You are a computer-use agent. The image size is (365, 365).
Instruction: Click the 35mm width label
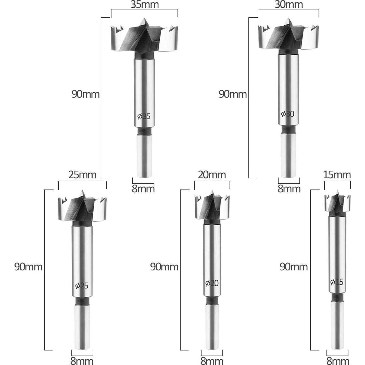pyautogui.click(x=145, y=5)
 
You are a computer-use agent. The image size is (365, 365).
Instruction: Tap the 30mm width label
pyautogui.click(x=288, y=5)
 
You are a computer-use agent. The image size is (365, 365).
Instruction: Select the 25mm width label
pyautogui.click(x=82, y=175)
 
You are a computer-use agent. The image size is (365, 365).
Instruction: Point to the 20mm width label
pyautogui.click(x=212, y=175)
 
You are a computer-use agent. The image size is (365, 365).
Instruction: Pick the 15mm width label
pyautogui.click(x=337, y=175)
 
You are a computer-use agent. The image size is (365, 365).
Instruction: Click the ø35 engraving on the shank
pyautogui.click(x=144, y=117)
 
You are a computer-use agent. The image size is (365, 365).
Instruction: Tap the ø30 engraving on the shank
pyautogui.click(x=287, y=114)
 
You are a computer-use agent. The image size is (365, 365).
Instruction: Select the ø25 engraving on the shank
pyautogui.click(x=82, y=285)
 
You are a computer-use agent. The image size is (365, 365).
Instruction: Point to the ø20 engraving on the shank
pyautogui.click(x=212, y=283)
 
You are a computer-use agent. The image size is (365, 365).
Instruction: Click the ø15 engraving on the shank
pyautogui.click(x=337, y=282)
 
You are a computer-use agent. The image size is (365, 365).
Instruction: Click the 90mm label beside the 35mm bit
pyautogui.click(x=85, y=94)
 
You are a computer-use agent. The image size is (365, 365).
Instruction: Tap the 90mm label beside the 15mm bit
pyautogui.click(x=294, y=267)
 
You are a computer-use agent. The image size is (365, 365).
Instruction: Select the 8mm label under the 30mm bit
pyautogui.click(x=289, y=189)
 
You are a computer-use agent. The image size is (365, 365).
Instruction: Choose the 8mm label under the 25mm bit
pyautogui.click(x=82, y=361)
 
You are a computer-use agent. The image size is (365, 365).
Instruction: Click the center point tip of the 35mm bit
pyautogui.click(x=144, y=19)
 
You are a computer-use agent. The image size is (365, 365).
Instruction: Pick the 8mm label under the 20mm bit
pyautogui.click(x=212, y=361)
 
